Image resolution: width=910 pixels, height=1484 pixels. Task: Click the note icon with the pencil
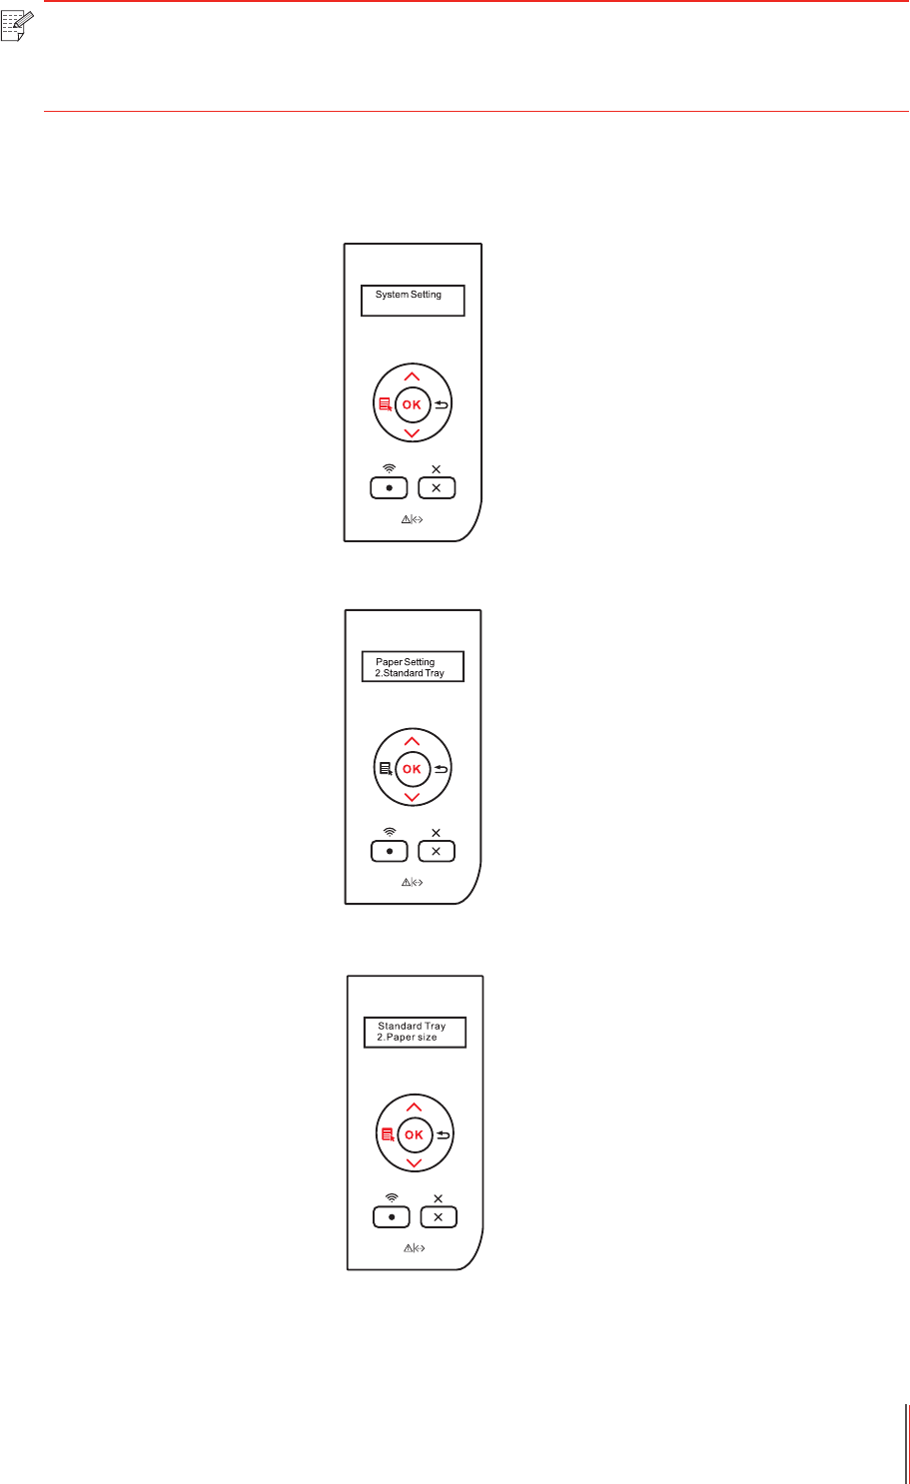(17, 27)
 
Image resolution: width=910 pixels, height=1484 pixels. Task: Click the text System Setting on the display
(408, 295)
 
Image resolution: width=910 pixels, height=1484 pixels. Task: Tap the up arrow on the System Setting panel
(412, 375)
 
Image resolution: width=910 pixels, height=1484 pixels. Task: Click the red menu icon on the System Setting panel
(384, 404)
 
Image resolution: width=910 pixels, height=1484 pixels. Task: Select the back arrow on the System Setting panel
(442, 404)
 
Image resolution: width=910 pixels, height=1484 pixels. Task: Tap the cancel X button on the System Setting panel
(437, 488)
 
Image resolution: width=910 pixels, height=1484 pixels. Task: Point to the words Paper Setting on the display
(405, 662)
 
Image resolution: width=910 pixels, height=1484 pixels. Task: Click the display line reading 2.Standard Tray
(410, 674)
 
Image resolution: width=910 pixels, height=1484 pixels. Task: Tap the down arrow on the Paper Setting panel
(412, 798)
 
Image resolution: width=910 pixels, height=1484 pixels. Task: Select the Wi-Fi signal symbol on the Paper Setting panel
(390, 832)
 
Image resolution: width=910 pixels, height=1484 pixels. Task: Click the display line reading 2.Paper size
(407, 1038)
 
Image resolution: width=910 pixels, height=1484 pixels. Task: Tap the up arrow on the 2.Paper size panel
(414, 1107)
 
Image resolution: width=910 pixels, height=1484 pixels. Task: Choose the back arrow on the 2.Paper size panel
(444, 1134)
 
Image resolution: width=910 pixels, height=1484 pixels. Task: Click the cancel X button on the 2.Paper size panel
(439, 1218)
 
